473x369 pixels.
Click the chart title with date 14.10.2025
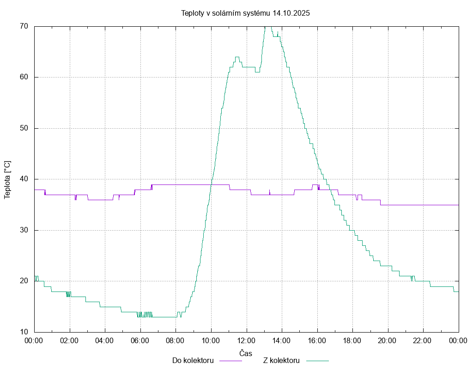click(245, 13)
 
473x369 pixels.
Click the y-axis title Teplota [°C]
click(7, 179)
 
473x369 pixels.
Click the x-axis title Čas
click(246, 353)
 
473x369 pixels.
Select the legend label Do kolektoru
click(193, 360)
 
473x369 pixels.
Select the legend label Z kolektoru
click(282, 360)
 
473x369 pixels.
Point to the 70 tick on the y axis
click(24, 26)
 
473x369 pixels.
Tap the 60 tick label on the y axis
click(24, 77)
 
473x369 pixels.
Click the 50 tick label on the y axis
click(24, 128)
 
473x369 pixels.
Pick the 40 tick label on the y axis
click(24, 179)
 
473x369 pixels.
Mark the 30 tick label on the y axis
click(24, 230)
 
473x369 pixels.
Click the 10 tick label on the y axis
click(24, 332)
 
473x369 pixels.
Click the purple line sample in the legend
click(230, 360)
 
